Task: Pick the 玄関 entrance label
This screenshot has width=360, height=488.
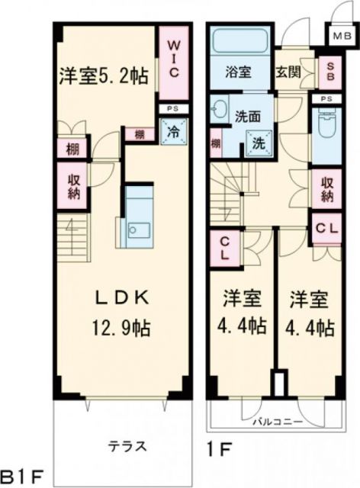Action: [x=288, y=73]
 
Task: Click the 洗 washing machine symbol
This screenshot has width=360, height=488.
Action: [x=259, y=140]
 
